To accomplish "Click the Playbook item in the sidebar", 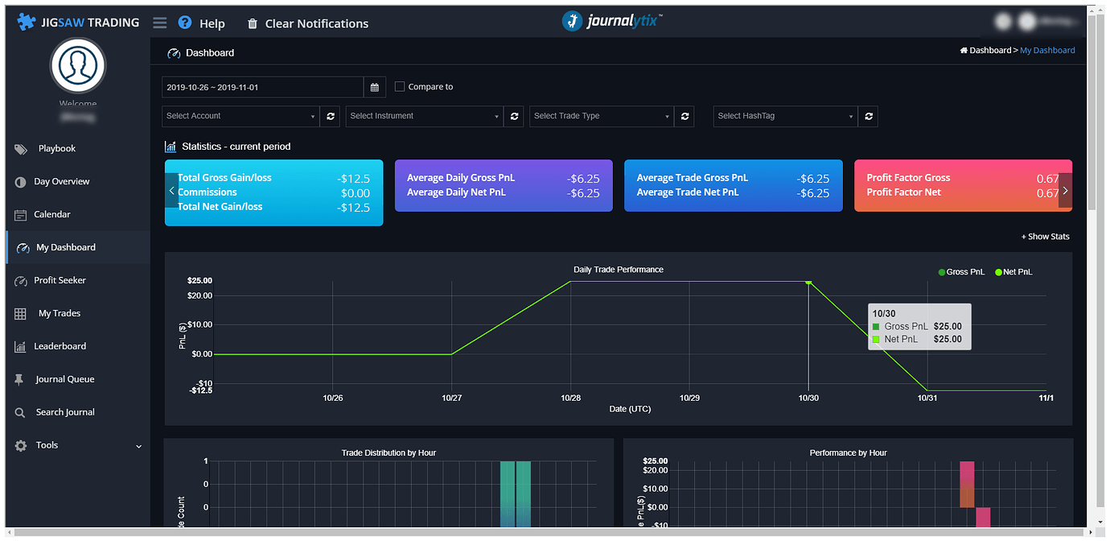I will coord(56,149).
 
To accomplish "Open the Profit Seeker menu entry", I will coord(60,280).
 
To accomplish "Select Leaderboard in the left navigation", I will coord(60,346).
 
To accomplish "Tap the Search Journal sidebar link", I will coord(64,412).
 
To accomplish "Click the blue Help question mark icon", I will coord(185,23).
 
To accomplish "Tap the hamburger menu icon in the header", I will coord(160,23).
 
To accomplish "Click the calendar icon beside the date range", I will coord(375,87).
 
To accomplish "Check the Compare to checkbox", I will coord(400,87).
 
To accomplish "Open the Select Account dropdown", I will coord(240,116).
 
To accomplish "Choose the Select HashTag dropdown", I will coord(785,116).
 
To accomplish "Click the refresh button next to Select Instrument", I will coord(515,116).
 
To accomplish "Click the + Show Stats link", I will coord(1045,237).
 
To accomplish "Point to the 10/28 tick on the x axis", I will coord(570,398).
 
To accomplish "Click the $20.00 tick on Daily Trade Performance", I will coord(199,295).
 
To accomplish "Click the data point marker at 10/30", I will coord(808,282).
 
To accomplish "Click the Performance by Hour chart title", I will coord(848,452).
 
